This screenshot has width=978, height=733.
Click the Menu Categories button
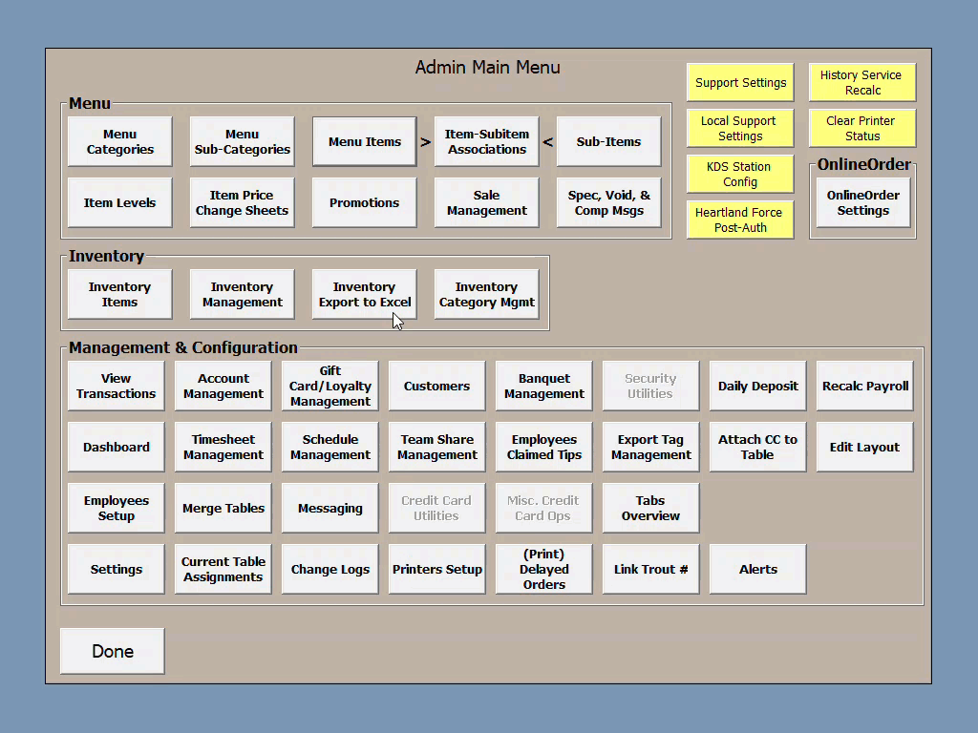coord(120,142)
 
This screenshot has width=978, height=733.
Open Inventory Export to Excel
coord(365,294)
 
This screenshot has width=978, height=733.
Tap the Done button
coord(113,651)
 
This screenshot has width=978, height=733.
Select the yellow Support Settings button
coord(740,83)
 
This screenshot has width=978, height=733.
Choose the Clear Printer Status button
coord(861,129)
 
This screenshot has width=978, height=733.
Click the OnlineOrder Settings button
coord(862,203)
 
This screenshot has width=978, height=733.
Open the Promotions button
coord(365,203)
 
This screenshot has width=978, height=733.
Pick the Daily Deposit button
coord(758,387)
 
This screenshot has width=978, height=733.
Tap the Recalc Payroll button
coord(865,387)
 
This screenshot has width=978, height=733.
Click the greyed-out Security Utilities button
coord(650,387)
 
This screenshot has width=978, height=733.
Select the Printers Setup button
coord(437,570)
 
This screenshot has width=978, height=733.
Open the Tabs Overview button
coord(650,509)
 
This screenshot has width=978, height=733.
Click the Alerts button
coord(758,570)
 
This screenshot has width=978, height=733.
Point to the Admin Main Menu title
coord(488,68)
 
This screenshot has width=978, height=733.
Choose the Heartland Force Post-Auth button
coord(740,220)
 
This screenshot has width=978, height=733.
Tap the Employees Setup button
coord(117,509)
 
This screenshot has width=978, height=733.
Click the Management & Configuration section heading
coord(183,348)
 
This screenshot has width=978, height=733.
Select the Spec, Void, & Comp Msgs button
coord(609,203)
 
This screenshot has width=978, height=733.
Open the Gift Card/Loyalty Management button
coord(330,387)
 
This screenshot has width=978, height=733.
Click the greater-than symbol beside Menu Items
coord(426,142)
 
